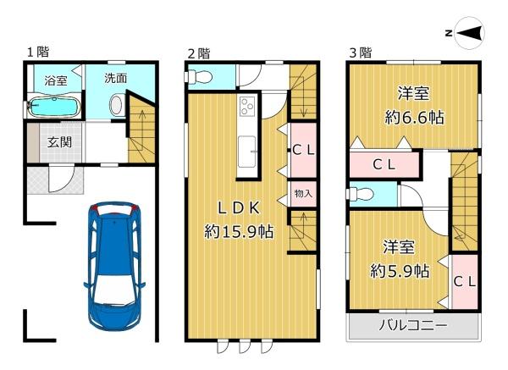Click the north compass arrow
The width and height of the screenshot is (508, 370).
pyautogui.click(x=470, y=33)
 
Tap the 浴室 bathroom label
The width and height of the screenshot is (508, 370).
pyautogui.click(x=56, y=80)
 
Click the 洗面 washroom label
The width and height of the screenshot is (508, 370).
pyautogui.click(x=116, y=78)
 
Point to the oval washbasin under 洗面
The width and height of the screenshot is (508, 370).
pyautogui.click(x=117, y=104)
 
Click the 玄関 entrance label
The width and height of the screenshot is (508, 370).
pyautogui.click(x=59, y=142)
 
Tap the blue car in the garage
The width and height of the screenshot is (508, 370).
pyautogui.click(x=114, y=266)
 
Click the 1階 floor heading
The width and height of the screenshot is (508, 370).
pyautogui.click(x=38, y=52)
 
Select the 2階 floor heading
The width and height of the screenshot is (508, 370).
pyautogui.click(x=199, y=52)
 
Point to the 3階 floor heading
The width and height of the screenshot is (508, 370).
pyautogui.click(x=361, y=52)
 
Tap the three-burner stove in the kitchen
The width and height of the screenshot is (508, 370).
pyautogui.click(x=247, y=107)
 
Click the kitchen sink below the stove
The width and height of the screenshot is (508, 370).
pyautogui.click(x=247, y=152)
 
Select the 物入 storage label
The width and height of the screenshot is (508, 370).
pyautogui.click(x=303, y=194)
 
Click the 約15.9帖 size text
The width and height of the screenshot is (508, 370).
pyautogui.click(x=239, y=232)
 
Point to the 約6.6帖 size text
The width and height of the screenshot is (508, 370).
pyautogui.click(x=414, y=117)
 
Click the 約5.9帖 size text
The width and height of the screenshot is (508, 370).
pyautogui.click(x=400, y=271)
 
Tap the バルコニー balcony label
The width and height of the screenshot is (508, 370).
pyautogui.click(x=413, y=325)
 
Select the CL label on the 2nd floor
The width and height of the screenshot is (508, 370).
pyautogui.click(x=303, y=150)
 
